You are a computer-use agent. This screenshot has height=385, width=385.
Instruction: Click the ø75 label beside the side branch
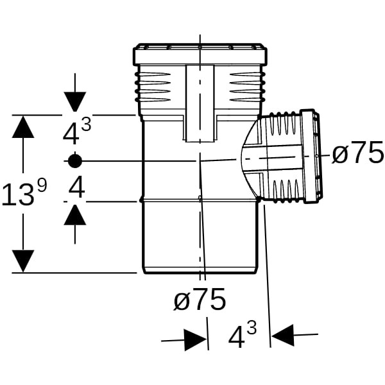tap(358, 154)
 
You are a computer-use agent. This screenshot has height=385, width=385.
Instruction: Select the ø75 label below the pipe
tap(200, 300)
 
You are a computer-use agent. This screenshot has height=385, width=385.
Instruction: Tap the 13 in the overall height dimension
tap(17, 195)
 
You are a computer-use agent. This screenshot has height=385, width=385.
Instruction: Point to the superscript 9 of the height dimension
tap(42, 186)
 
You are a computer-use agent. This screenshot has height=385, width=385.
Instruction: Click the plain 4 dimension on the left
tap(76, 189)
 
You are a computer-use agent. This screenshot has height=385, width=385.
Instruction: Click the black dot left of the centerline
tap(75, 160)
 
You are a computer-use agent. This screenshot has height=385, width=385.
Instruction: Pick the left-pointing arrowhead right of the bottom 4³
tap(283, 334)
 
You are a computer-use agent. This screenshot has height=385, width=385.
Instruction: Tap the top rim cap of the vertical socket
tap(200, 55)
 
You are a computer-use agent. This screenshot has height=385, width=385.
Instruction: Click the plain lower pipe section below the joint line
tap(199, 237)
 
